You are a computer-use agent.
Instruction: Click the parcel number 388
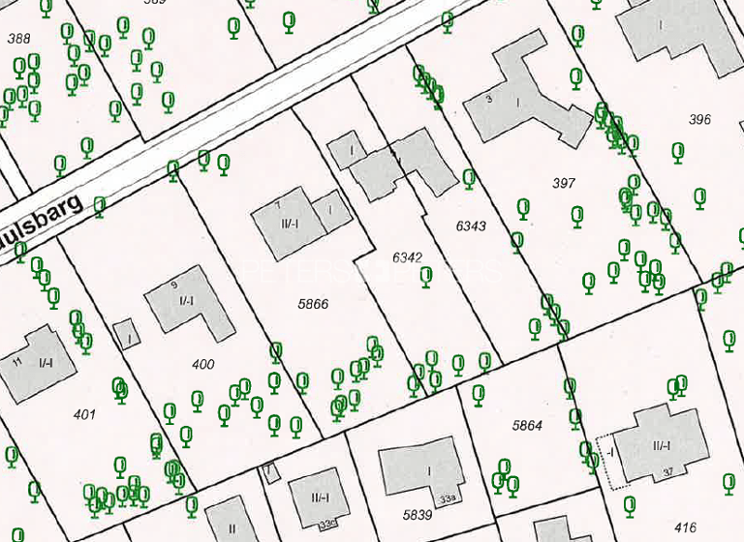click(x=18, y=39)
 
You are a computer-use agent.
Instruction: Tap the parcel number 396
click(x=699, y=120)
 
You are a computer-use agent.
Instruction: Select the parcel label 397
click(x=564, y=183)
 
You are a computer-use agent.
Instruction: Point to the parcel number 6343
click(x=471, y=226)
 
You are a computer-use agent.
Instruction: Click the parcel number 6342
click(x=408, y=257)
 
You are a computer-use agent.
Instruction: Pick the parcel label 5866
click(x=313, y=304)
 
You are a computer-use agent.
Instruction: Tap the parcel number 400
click(x=203, y=365)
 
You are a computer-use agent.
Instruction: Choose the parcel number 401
click(x=85, y=414)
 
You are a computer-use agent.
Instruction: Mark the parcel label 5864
click(x=528, y=425)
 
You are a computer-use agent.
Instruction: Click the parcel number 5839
click(x=418, y=515)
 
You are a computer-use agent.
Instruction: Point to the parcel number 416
click(x=685, y=527)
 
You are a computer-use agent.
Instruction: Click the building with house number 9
click(x=191, y=301)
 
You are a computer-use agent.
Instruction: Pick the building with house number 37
click(x=659, y=446)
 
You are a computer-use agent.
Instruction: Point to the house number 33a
click(x=446, y=498)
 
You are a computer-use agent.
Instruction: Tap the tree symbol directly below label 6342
click(x=426, y=277)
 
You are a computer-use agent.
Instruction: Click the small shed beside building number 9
click(x=125, y=333)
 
